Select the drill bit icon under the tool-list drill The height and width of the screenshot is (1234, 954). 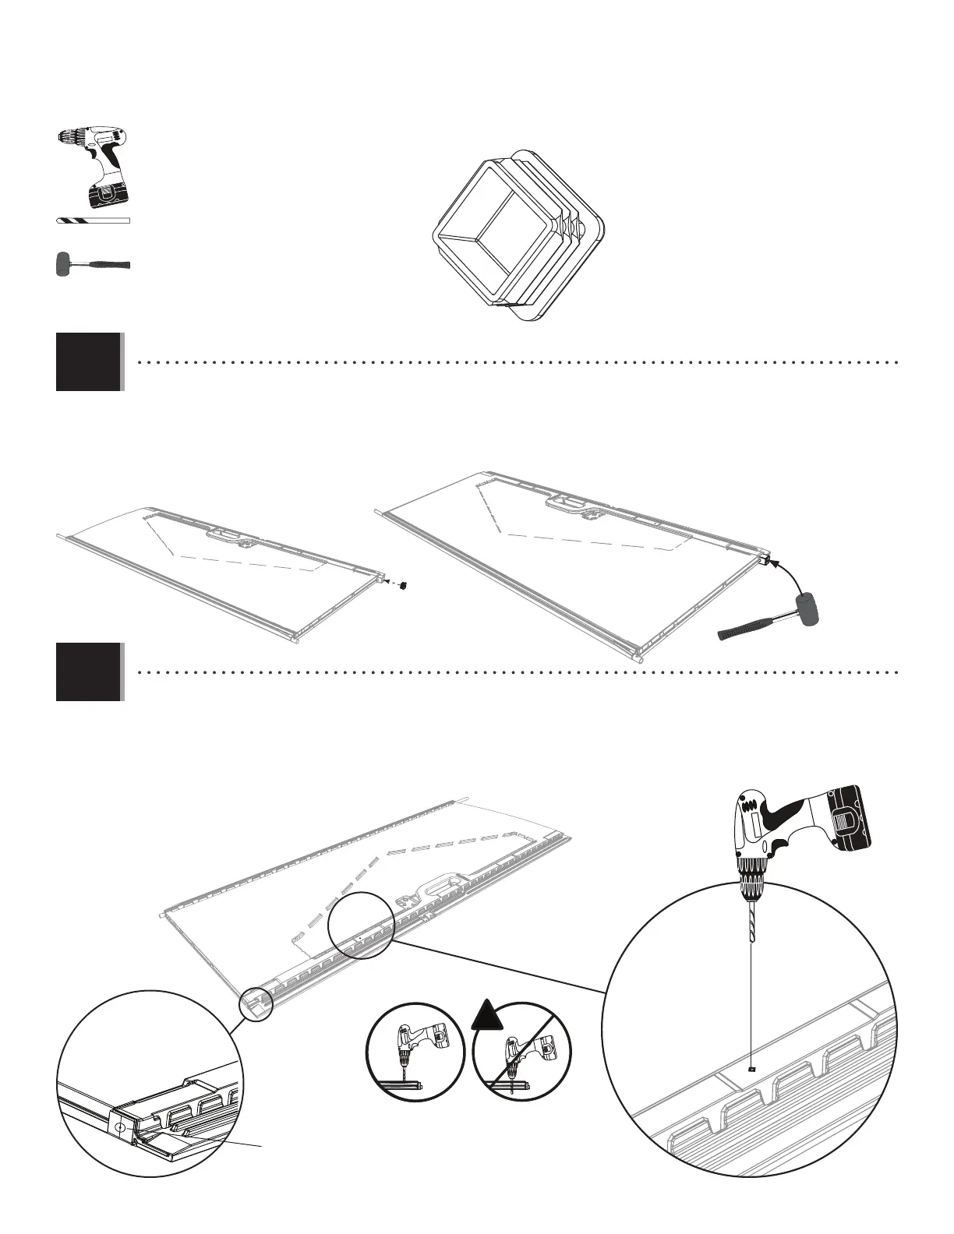[x=93, y=221]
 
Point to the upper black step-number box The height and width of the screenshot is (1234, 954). [x=89, y=361]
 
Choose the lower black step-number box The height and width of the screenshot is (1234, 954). [x=89, y=672]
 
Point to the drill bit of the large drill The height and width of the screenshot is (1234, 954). [x=750, y=922]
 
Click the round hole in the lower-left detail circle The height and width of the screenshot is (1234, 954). [x=119, y=1127]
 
